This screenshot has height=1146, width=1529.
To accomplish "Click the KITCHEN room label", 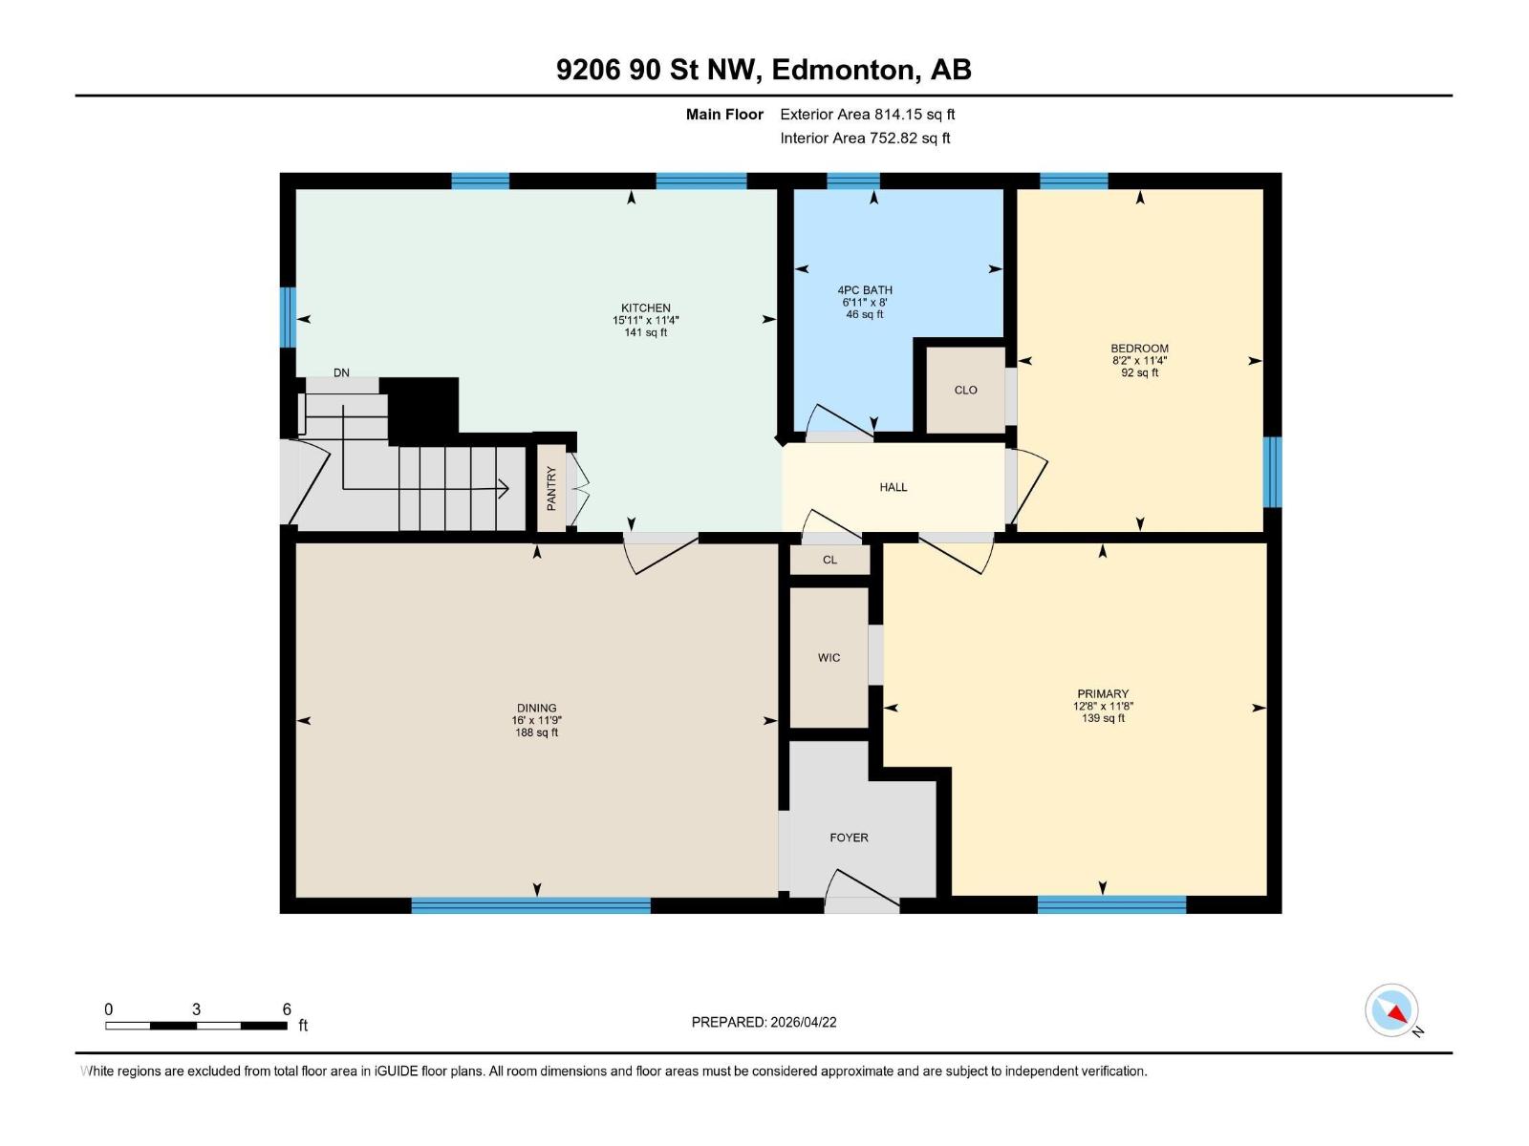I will click(645, 308).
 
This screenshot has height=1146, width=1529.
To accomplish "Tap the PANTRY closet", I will click(551, 488).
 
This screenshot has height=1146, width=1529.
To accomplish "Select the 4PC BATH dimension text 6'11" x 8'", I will click(864, 302).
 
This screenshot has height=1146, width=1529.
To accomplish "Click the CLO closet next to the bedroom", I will click(965, 390).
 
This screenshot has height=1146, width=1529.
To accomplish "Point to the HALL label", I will click(893, 487).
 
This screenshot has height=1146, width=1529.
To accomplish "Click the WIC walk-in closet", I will click(829, 657).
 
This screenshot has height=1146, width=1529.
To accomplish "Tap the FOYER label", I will click(849, 838).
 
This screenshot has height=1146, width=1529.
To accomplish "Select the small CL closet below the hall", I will click(829, 560).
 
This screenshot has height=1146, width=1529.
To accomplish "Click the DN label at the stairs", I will click(341, 372).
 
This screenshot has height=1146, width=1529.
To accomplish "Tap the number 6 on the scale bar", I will click(287, 1008).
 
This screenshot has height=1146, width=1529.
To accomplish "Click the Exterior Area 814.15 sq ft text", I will click(867, 115).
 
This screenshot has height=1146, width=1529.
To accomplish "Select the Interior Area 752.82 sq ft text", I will click(865, 138).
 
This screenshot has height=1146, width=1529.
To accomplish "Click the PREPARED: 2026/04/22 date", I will click(764, 1022).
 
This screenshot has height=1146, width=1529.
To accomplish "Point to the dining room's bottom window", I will click(530, 905).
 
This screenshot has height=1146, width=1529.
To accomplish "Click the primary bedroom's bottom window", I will click(1111, 904).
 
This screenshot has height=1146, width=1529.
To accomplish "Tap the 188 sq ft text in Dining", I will click(536, 732).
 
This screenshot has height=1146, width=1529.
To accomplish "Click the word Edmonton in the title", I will click(842, 70).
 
